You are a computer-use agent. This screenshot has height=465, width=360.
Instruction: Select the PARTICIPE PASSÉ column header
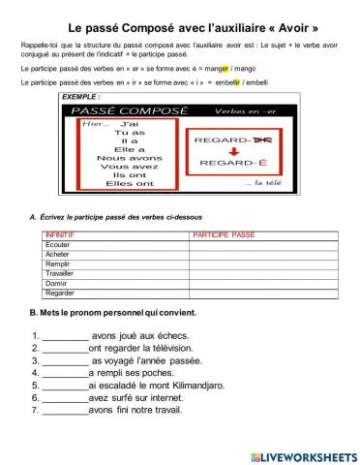coord(224,235)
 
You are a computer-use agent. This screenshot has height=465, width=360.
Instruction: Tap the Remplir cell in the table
coord(58,263)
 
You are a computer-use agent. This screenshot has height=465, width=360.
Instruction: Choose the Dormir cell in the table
coord(57,283)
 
